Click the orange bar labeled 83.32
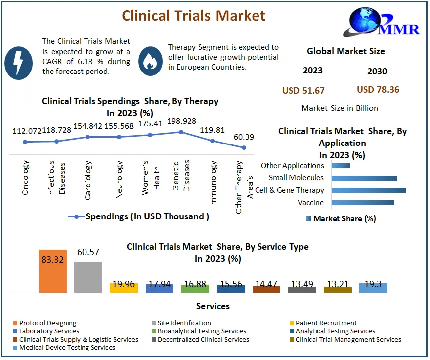tap(53, 271)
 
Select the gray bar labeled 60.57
tap(88, 277)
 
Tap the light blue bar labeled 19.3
tap(373, 288)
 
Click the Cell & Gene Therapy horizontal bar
tap(368, 190)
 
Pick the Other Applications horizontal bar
tap(341, 166)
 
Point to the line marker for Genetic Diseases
tap(181, 132)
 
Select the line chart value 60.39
tap(244, 137)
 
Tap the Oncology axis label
tap(26, 177)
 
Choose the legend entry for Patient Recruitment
tap(326, 323)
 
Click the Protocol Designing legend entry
tap(48, 323)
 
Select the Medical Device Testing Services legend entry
tap(67, 347)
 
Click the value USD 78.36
tap(378, 90)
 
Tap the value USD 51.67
tap(303, 90)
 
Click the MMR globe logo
tap(378, 23)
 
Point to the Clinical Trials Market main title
tap(194, 16)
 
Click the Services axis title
tap(213, 306)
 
